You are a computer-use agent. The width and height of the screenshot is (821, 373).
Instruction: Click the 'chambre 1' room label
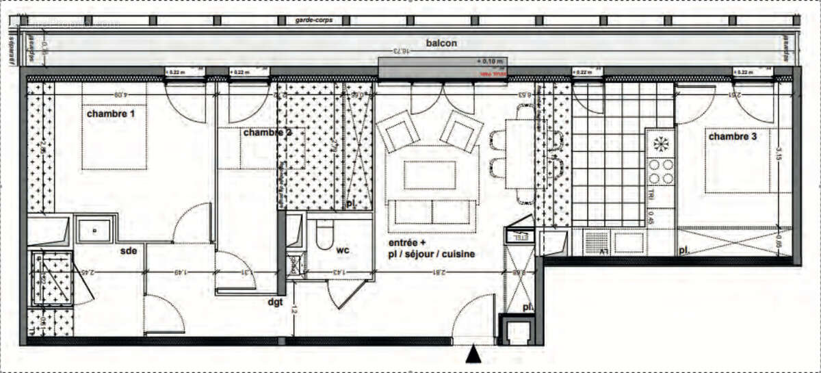coord(110,114)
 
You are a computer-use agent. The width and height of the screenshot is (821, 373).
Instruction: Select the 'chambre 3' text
coord(732,137)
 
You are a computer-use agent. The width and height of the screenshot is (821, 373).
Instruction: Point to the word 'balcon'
coord(441,43)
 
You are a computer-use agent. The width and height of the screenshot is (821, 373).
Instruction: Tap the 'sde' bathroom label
coord(129,250)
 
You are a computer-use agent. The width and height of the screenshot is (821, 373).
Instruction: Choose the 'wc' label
coord(343,250)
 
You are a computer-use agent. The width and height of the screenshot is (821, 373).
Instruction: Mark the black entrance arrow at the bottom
coord(472,355)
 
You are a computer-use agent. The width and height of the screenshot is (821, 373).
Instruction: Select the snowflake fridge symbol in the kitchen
coord(661,144)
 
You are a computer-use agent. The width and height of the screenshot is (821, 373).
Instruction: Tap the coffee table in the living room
coord(430,175)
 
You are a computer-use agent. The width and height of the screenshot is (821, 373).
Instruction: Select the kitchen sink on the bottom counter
coord(629,242)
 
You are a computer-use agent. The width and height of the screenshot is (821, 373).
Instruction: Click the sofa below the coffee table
coord(431,212)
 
